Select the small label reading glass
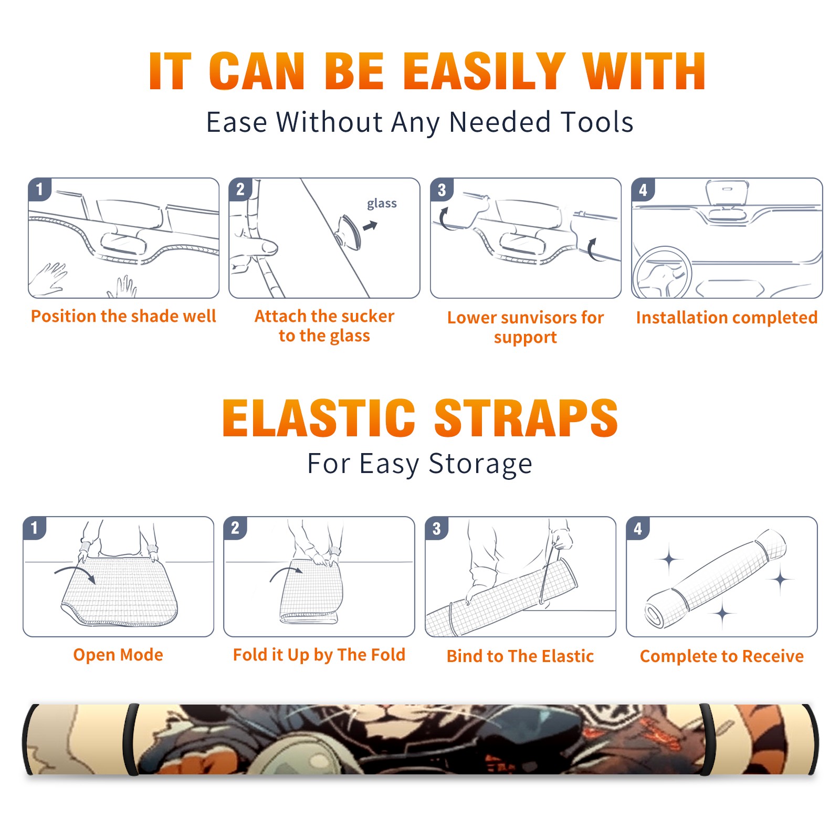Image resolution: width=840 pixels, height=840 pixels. coord(382,204)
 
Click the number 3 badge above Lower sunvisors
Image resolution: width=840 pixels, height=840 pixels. coord(442,190)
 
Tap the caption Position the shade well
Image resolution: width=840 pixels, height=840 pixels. coord(123,316)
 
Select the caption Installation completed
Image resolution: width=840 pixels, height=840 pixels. coord(727,317)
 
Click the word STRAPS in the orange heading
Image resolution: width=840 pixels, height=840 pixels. coord(526,418)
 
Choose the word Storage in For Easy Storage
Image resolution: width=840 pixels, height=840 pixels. coord(480,464)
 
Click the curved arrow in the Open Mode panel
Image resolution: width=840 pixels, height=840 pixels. coord(75,572)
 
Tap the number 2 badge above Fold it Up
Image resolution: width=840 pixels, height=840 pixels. coord(235,528)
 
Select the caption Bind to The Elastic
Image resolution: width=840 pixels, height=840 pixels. coord(520,656)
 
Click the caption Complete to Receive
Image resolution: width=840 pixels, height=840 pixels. coord(721,656)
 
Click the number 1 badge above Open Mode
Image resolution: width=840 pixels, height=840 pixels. coord(35,528)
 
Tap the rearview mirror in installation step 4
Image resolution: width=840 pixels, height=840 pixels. coord(727,193)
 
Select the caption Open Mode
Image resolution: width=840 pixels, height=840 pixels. coord(118,655)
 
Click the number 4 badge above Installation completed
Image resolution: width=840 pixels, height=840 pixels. coord(643,190)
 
